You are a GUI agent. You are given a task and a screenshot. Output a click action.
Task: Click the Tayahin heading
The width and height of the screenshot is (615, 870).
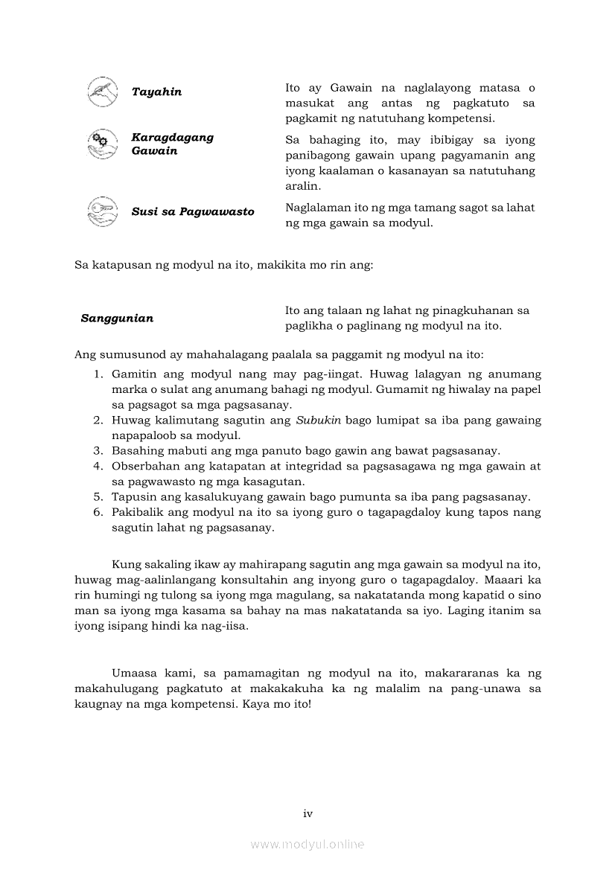[156, 92]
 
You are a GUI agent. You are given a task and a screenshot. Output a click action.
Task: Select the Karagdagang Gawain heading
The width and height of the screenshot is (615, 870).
[172, 144]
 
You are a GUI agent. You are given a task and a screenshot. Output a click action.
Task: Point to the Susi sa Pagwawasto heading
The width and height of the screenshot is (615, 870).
[192, 211]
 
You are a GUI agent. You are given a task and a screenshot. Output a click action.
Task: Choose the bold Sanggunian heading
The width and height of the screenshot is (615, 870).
[117, 318]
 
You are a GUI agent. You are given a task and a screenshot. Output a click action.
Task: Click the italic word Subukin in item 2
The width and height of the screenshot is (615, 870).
[319, 420]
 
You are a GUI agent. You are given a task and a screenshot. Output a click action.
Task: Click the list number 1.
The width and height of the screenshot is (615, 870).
[98, 374]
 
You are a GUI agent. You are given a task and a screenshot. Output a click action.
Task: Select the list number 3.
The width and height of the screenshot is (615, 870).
[98, 451]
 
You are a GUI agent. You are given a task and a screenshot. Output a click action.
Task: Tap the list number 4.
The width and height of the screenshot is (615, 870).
[98, 466]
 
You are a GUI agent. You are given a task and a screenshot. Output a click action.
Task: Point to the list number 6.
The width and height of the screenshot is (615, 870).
[98, 512]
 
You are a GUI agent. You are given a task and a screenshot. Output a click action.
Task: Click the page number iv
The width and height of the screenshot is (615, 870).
[307, 813]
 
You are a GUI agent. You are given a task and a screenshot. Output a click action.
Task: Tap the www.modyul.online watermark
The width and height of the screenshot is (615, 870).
[307, 844]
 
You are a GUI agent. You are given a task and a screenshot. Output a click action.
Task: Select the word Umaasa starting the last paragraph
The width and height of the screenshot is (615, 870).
[134, 673]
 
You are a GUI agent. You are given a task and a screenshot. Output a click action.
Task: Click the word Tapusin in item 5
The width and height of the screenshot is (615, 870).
[131, 496]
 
